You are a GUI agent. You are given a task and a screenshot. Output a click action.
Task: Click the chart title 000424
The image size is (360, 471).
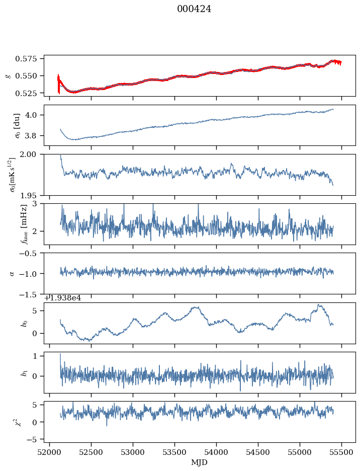[x=194, y=9]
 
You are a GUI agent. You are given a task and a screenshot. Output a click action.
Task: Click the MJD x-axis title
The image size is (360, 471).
[x=200, y=462]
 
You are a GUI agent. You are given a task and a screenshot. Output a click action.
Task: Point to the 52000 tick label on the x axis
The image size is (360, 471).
[x=49, y=452]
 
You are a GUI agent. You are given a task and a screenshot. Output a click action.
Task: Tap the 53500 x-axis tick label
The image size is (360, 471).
[x=175, y=452]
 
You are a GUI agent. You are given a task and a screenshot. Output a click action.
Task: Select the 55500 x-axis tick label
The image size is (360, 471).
[x=342, y=452]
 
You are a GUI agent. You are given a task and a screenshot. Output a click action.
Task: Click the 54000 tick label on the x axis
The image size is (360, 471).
[x=217, y=452]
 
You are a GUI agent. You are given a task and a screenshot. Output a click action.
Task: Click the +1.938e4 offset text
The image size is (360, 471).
[x=63, y=298]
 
